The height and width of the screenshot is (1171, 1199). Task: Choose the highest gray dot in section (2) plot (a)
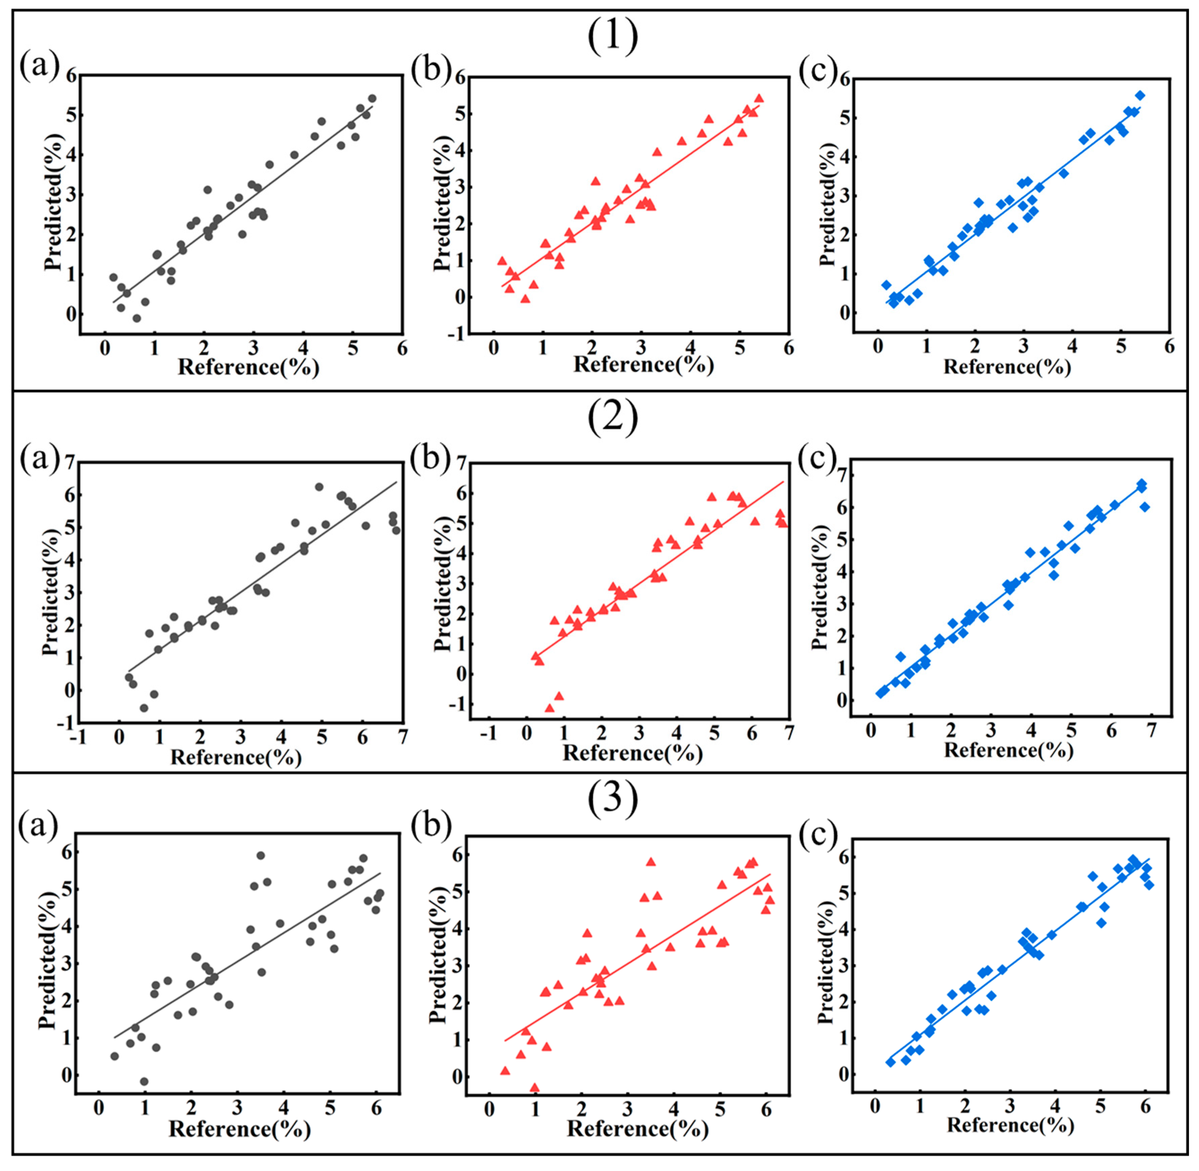click(319, 487)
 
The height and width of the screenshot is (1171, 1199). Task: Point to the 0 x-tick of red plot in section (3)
click(489, 1109)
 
